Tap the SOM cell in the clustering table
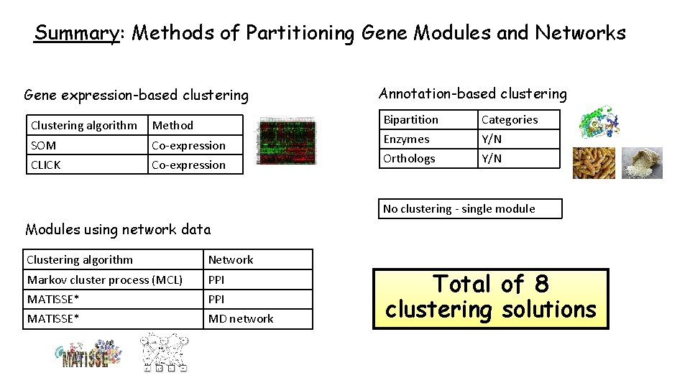click(43, 145)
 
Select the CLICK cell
click(45, 165)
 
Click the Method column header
click(172, 125)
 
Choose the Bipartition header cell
click(410, 119)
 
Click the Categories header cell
click(510, 119)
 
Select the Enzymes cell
click(406, 139)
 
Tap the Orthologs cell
click(409, 158)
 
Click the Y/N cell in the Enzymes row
click(492, 139)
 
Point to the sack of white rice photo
click(641, 163)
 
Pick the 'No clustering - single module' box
click(471, 208)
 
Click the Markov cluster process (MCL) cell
click(105, 280)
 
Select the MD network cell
click(241, 318)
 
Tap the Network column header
click(231, 259)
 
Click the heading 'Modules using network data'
click(118, 230)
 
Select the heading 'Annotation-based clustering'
click(472, 93)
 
